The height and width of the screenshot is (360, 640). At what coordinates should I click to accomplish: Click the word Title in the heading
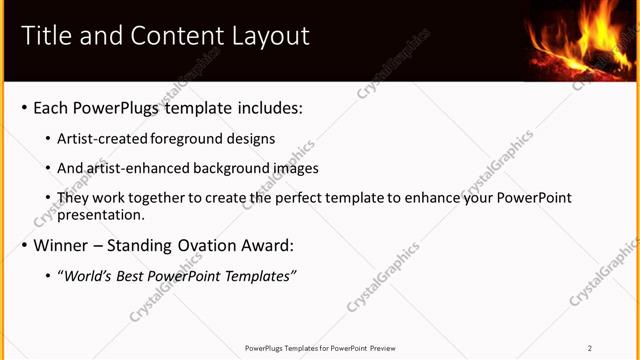(x=45, y=37)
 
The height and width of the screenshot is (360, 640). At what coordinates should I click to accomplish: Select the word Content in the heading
(x=177, y=37)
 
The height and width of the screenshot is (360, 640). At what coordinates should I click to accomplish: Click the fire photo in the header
(x=577, y=40)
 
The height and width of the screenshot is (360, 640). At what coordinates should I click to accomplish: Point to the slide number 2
(x=590, y=348)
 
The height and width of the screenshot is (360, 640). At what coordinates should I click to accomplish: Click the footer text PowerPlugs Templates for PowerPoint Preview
(x=320, y=348)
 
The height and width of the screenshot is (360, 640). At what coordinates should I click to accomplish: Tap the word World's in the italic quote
(x=89, y=276)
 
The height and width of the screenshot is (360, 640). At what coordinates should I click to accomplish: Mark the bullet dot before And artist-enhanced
(x=48, y=169)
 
